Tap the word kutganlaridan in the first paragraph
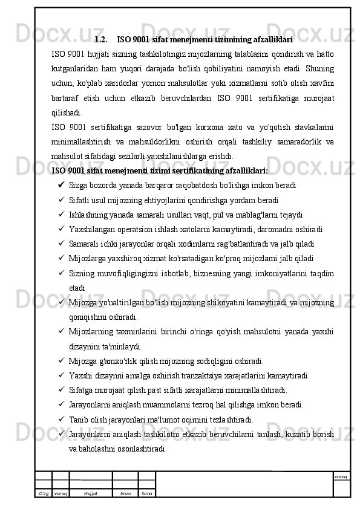point(76,68)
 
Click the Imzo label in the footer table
point(125,493)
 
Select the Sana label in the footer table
point(146,493)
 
